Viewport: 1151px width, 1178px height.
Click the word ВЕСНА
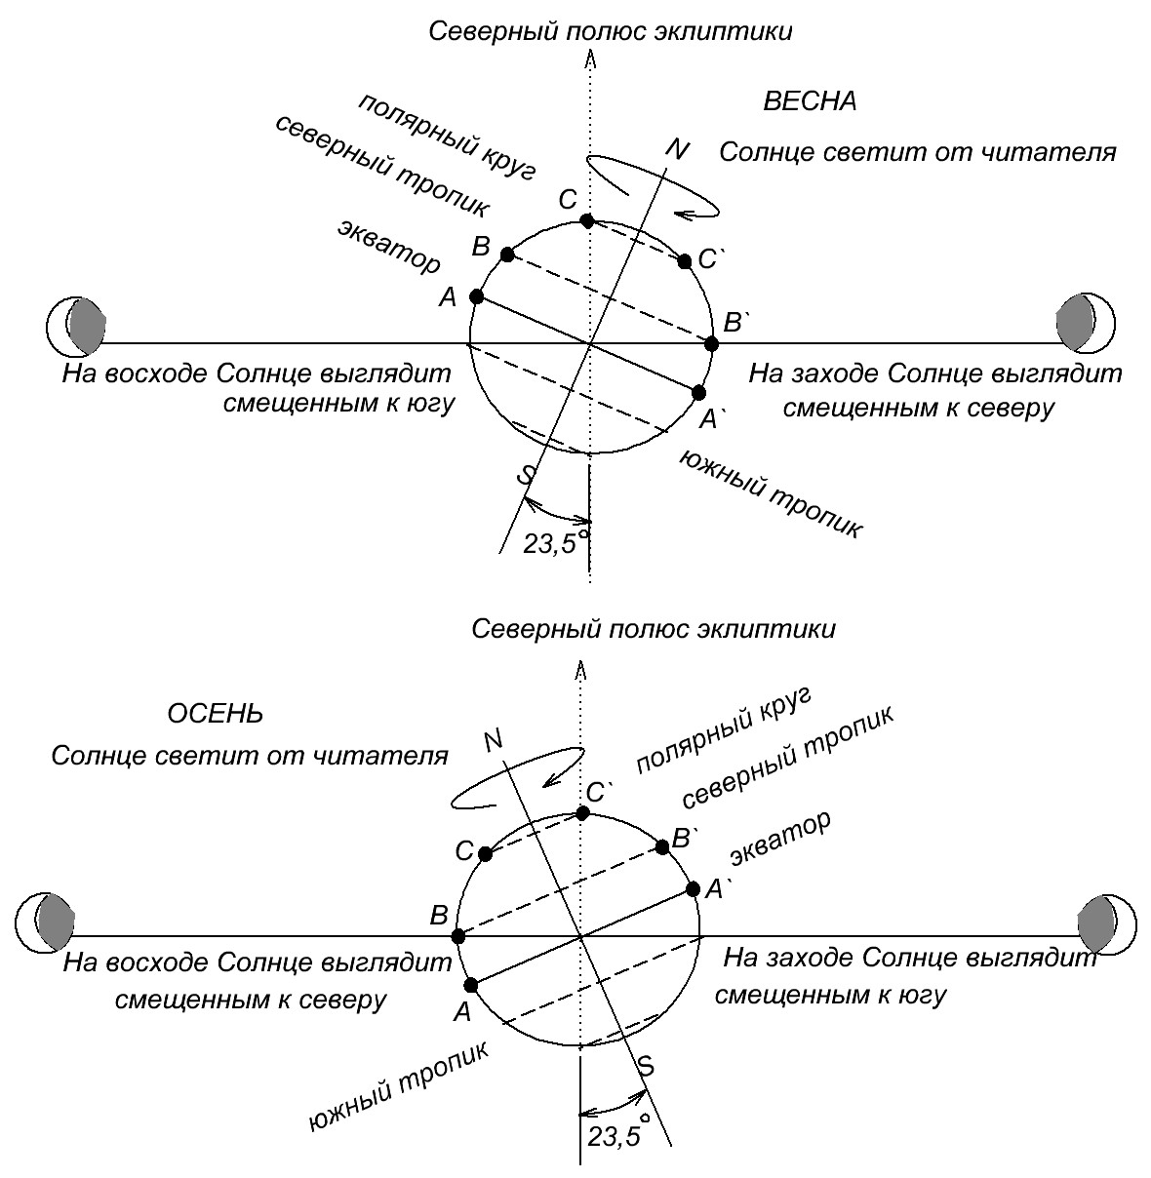[810, 101]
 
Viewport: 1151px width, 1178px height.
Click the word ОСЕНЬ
[215, 714]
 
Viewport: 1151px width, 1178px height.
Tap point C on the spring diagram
[586, 221]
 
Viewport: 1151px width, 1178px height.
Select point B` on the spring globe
[711, 344]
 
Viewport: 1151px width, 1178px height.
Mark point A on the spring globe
[477, 296]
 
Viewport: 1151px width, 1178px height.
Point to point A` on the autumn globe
[693, 888]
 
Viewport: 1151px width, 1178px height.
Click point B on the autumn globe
[458, 936]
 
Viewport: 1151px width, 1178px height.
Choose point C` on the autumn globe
[582, 813]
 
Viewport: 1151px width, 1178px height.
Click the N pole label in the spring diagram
[677, 149]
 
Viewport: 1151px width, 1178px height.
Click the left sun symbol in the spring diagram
[76, 327]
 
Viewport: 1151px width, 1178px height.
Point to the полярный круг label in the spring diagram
[447, 137]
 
